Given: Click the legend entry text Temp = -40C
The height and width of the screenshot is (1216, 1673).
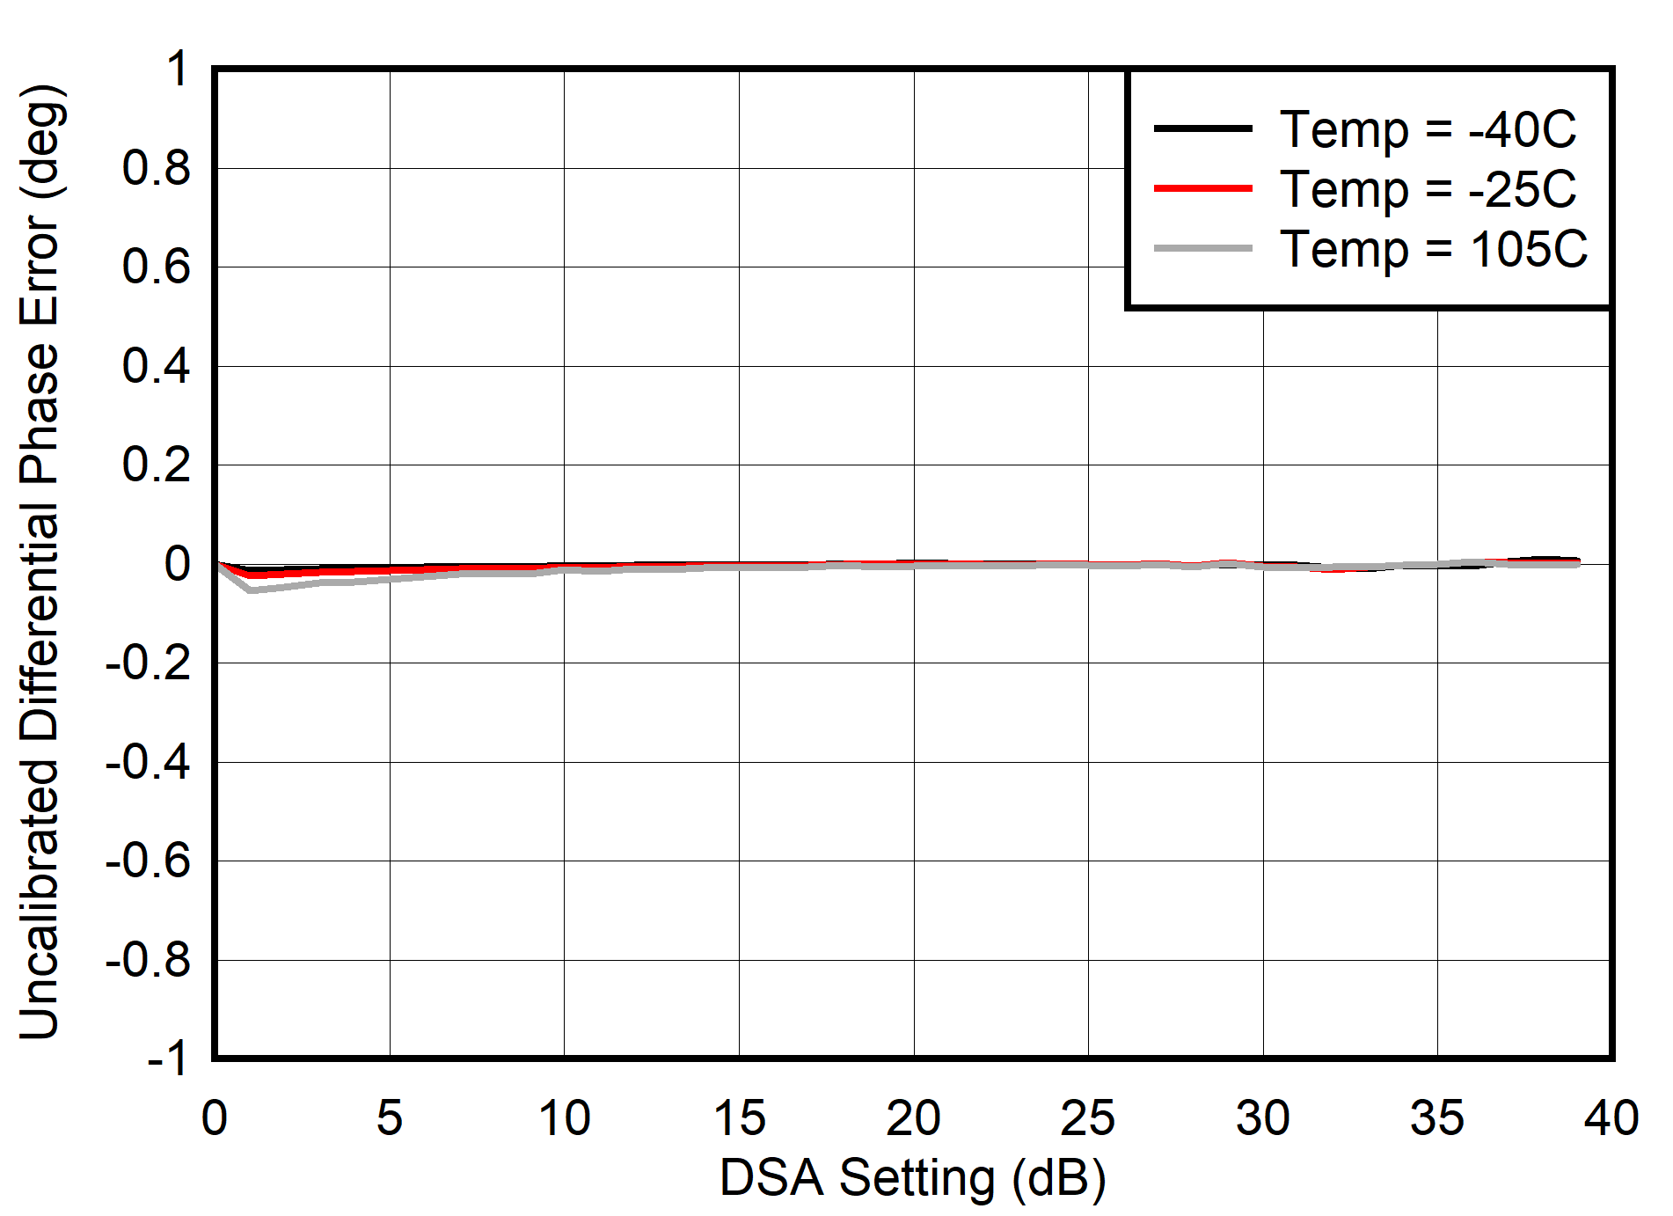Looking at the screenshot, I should tap(1427, 129).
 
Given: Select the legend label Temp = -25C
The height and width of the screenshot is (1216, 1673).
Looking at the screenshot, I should tap(1427, 189).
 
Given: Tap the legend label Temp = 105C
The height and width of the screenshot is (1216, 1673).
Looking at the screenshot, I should tap(1433, 249).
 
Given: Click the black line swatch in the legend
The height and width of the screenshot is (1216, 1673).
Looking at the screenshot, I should tap(1202, 128).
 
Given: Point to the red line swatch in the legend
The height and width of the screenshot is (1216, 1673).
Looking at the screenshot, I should tap(1202, 188).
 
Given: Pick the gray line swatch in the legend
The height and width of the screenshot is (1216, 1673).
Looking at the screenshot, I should tap(1202, 248).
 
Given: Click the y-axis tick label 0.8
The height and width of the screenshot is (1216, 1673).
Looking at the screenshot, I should tap(156, 168).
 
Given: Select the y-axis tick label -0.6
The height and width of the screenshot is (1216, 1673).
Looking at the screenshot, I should tap(147, 861).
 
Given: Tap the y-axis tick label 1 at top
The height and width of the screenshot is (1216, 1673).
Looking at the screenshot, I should tap(178, 69).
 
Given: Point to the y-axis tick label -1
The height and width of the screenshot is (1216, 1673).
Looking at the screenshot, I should tap(167, 1059).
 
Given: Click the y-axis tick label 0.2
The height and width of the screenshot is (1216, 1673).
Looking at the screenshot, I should tap(156, 465).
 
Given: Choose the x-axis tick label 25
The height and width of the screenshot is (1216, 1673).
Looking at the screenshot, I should tap(1087, 1118).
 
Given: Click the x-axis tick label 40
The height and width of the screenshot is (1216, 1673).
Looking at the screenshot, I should tap(1611, 1118).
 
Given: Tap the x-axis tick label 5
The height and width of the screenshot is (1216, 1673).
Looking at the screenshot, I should tap(389, 1118).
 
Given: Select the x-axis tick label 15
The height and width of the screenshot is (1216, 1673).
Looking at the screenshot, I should tap(738, 1118).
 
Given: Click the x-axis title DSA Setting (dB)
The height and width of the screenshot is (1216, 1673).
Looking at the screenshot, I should tap(912, 1178).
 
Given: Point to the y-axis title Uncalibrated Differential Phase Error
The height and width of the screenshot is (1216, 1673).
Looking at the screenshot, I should tap(40, 563).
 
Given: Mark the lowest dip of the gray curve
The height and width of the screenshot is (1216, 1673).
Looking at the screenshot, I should tap(251, 590).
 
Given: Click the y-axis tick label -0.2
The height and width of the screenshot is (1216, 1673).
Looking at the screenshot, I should tap(147, 663).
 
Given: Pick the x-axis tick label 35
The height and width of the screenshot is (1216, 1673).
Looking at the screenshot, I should tap(1436, 1118).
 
